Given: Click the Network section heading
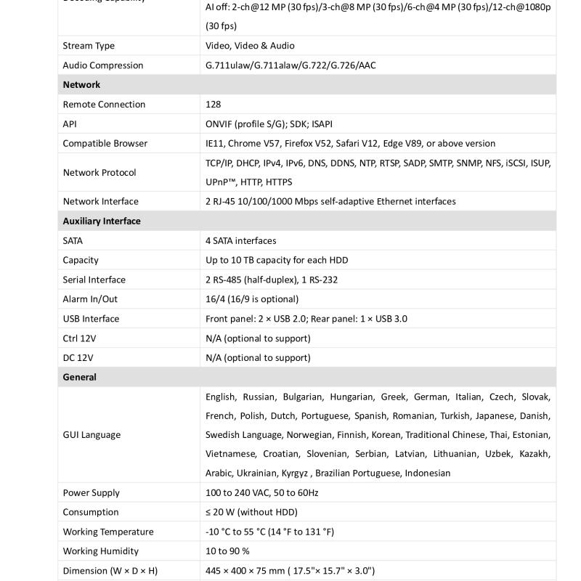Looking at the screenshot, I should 81,85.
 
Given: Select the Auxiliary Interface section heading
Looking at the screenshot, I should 102,221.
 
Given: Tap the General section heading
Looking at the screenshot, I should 79,377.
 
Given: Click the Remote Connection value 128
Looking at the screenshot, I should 213,105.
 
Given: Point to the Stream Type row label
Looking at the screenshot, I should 89,46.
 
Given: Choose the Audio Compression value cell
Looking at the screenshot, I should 290,65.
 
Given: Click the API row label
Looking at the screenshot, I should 70,124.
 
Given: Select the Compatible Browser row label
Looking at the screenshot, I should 105,144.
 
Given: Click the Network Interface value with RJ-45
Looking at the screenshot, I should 330,201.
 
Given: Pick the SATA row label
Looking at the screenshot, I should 73,240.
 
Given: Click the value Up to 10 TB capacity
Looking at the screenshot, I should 277,260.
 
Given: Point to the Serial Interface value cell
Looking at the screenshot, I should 272,280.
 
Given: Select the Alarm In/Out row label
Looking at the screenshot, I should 90,299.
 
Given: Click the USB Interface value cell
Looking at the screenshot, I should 306,319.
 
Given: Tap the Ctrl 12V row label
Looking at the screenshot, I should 78,338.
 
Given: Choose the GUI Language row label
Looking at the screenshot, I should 92,434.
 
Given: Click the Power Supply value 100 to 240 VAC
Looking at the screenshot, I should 262,492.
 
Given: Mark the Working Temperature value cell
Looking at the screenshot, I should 269,532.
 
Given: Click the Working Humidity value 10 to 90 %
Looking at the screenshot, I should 227,551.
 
